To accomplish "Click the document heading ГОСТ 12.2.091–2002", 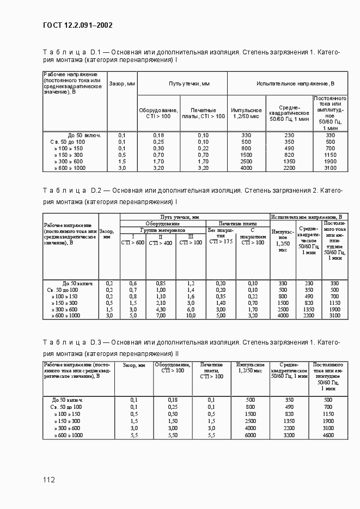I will click(x=77, y=25).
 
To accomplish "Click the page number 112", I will click(x=49, y=480).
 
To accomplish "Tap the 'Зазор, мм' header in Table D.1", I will click(x=122, y=84).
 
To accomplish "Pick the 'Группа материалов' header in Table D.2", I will click(x=162, y=230).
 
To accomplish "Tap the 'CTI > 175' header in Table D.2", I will click(x=221, y=240).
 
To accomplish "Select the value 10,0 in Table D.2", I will click(x=191, y=316).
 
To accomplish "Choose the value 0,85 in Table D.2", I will click(x=161, y=284).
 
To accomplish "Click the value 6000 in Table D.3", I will click(x=250, y=436).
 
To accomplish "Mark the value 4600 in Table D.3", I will click(x=328, y=436).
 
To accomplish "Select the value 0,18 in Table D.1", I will click(x=158, y=135).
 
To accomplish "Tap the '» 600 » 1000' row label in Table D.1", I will click(x=70, y=168).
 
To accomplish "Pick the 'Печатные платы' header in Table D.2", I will click(x=237, y=223).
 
